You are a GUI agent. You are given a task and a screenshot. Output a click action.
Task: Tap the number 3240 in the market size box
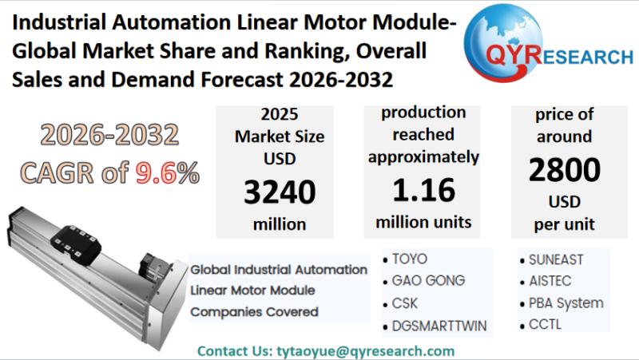(x=279, y=192)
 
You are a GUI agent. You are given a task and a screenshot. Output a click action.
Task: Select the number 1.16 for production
(x=423, y=189)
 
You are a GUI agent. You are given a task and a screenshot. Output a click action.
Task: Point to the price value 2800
(x=564, y=170)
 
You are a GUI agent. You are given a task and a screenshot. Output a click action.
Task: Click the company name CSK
(x=405, y=303)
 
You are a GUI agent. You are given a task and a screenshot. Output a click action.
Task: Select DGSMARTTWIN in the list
(x=439, y=326)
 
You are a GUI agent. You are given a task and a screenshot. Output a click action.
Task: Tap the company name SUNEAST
(x=556, y=259)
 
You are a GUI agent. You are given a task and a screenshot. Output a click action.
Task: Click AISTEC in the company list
(x=550, y=281)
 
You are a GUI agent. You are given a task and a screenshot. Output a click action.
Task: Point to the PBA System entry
(x=566, y=303)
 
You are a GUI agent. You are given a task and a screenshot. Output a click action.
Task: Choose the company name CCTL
(x=545, y=325)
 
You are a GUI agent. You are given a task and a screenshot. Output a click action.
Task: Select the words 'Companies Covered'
(x=253, y=311)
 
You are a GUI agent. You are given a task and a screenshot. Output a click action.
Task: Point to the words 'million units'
(x=423, y=221)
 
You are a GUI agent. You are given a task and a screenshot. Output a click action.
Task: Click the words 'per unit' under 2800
(x=564, y=224)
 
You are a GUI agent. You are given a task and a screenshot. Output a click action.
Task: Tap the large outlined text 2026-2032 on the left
(x=109, y=136)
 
